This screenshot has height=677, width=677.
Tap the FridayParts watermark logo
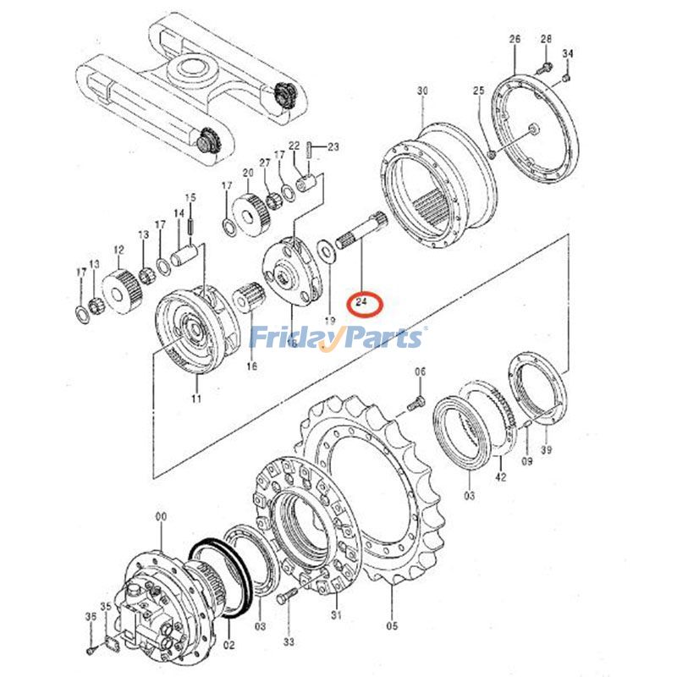(x=337, y=338)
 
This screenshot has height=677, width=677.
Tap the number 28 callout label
(x=545, y=39)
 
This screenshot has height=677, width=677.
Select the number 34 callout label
(x=568, y=55)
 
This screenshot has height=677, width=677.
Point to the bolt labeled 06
(x=416, y=405)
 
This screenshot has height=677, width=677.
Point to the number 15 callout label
(x=191, y=197)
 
